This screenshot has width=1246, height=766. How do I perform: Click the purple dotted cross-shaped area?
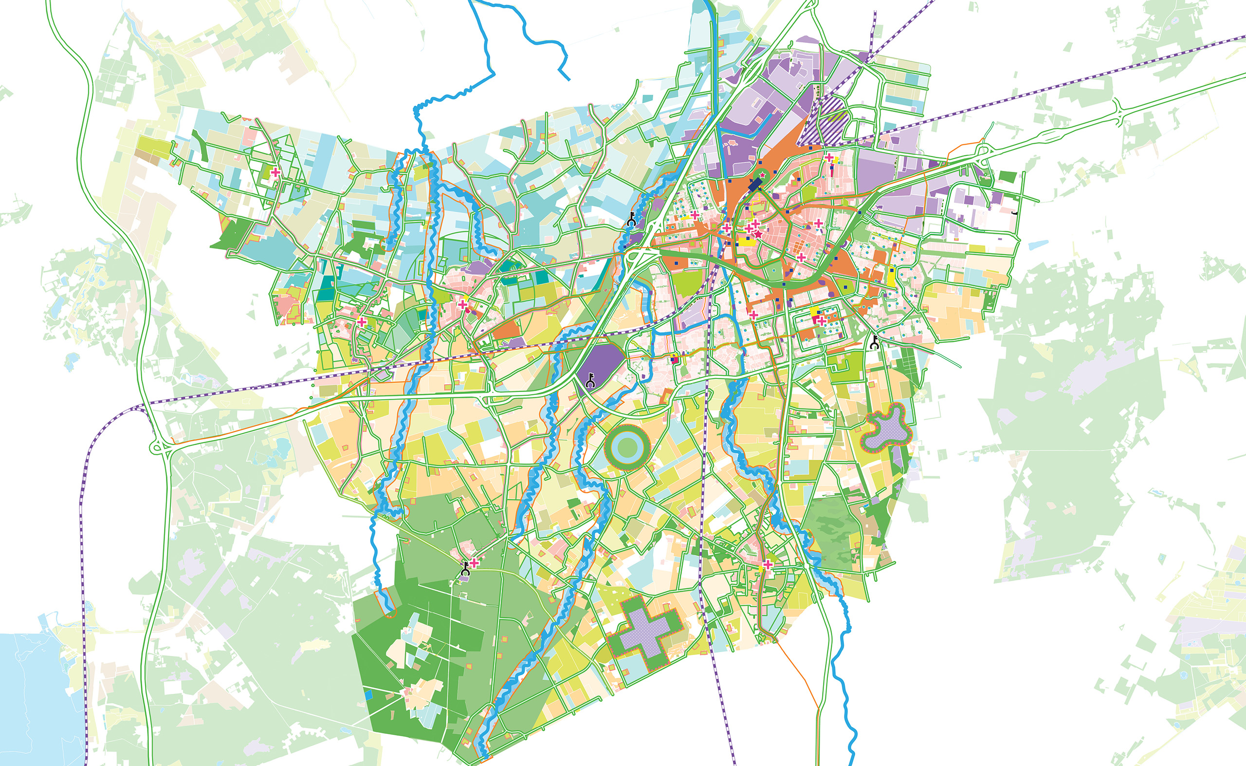coord(644,633)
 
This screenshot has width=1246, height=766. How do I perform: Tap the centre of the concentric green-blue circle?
coord(627,448)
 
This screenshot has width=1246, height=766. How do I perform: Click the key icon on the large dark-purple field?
coord(590,380)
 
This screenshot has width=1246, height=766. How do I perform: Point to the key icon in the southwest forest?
coord(465,570)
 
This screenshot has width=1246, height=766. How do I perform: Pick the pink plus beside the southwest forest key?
coord(475,562)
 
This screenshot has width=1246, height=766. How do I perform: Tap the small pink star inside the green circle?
coord(763,174)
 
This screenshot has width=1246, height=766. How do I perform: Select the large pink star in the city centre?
coord(758,234)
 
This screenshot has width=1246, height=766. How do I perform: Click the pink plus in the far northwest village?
coord(275,172)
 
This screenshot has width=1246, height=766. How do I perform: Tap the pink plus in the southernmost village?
coord(768,564)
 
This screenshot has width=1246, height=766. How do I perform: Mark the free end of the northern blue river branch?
coord(569,79)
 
